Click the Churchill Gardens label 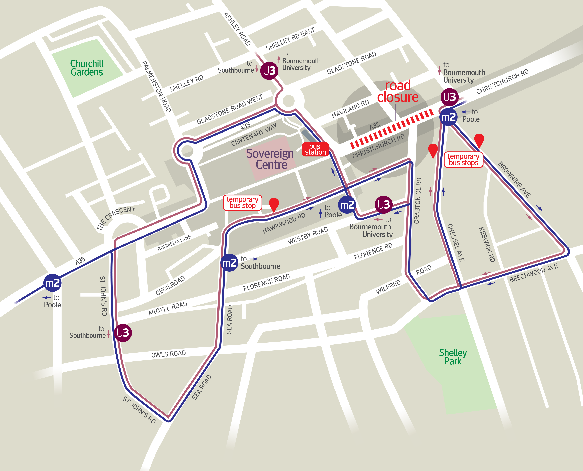click(x=87, y=68)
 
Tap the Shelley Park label click(x=453, y=357)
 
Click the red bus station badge click(x=315, y=149)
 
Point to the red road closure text click(x=398, y=91)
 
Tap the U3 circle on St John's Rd click(x=123, y=333)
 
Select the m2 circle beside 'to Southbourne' click(x=229, y=263)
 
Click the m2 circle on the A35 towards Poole click(x=52, y=283)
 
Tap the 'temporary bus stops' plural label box click(x=463, y=159)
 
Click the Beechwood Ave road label click(x=533, y=273)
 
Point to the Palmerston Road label click(x=156, y=87)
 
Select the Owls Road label click(x=169, y=354)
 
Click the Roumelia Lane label click(x=174, y=243)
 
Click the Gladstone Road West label click(x=230, y=109)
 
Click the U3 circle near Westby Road click(x=384, y=205)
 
